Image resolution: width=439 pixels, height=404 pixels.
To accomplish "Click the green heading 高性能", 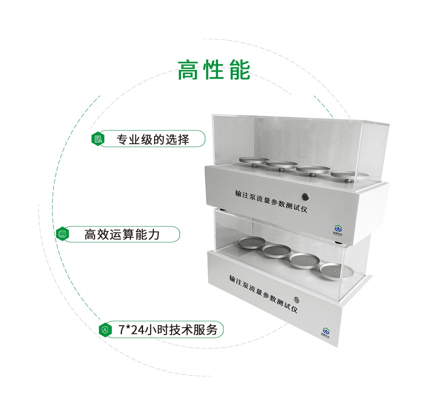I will tap(214, 70).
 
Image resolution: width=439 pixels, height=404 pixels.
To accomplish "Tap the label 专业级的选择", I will tap(153, 139).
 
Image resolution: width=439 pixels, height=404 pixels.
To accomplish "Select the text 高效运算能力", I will tap(122, 234).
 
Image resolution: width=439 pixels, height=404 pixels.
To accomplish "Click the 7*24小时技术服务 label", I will tap(168, 329).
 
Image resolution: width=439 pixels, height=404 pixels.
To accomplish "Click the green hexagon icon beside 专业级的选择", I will tap(98, 139).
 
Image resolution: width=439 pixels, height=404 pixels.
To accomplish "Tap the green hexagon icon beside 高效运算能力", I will tap(62, 234).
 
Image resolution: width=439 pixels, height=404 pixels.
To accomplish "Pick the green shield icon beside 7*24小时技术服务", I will tap(105, 329).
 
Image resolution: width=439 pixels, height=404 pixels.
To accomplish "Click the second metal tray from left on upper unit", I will tap(281, 164).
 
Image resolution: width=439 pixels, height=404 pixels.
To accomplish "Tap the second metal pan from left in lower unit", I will tap(277, 251).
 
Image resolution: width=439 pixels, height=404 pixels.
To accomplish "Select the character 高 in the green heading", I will tap(187, 70).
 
